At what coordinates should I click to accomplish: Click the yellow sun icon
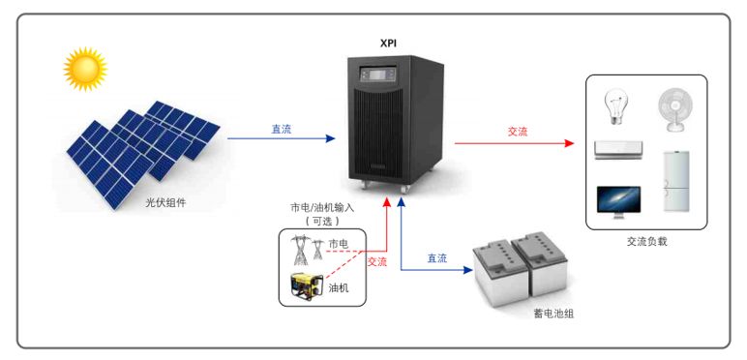click(x=84, y=68)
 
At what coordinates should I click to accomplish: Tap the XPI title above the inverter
click(x=389, y=44)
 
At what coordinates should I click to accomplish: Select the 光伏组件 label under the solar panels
click(x=165, y=202)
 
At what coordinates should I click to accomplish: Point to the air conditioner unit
click(x=617, y=149)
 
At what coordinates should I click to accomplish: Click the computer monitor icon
click(x=617, y=200)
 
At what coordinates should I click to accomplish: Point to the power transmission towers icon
click(x=309, y=249)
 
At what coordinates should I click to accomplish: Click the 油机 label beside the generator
click(x=339, y=286)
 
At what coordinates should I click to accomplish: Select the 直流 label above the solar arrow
click(x=281, y=129)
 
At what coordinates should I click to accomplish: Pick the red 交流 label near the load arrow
click(x=518, y=132)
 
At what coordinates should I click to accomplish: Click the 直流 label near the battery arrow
click(x=437, y=258)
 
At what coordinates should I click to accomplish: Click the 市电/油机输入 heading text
click(x=322, y=207)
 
